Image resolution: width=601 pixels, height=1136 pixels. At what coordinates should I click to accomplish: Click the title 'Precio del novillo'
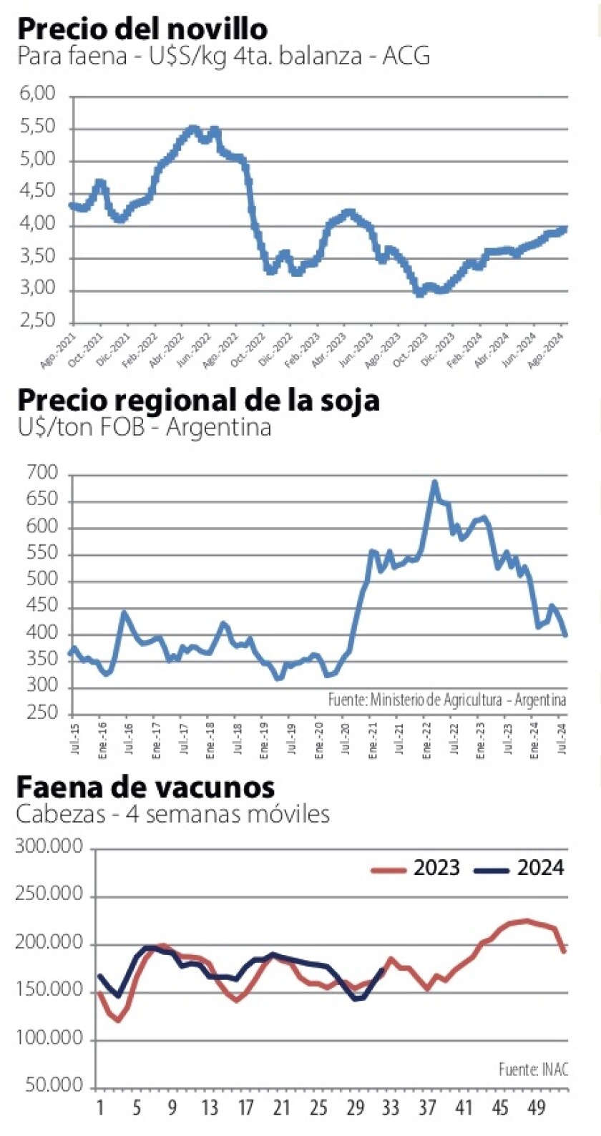point(142,29)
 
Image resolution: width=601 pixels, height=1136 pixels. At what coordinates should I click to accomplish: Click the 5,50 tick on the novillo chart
point(39,127)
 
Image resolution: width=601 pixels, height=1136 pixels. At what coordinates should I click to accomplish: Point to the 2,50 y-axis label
point(39,321)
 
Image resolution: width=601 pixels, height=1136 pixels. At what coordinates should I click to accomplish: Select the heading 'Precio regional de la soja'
point(197,400)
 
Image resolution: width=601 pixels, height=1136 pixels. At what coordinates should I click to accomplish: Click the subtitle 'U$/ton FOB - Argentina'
point(144,428)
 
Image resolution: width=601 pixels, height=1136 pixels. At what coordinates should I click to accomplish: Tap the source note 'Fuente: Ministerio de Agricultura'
point(446,700)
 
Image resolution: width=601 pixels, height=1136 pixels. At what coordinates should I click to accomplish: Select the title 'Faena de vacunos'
point(145,787)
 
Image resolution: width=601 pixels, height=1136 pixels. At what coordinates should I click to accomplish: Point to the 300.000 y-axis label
point(49,848)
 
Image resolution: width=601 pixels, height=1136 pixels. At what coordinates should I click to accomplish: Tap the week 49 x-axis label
point(536,1109)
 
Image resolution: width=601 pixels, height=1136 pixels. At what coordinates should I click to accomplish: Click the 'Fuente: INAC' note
point(533,1069)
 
